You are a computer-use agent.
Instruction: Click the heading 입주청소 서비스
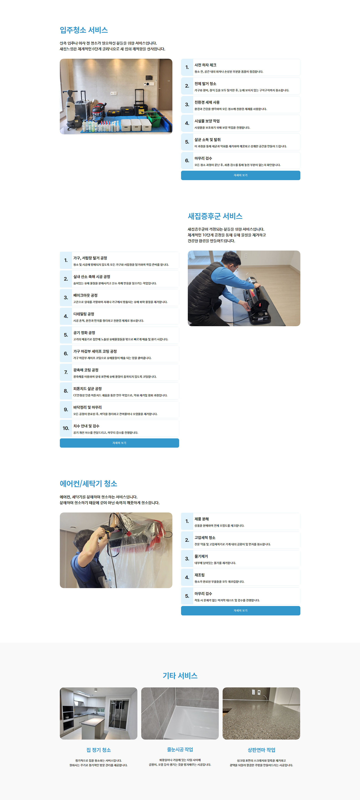click(84, 30)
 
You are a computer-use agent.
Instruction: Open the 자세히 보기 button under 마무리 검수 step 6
click(240, 175)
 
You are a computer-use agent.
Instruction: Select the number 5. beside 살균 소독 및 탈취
click(187, 142)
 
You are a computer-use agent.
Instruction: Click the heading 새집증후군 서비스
click(215, 216)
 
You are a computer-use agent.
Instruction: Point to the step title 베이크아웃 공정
click(85, 295)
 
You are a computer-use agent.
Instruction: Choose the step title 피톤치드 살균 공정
click(87, 389)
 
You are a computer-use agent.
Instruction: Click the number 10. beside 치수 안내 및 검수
click(66, 428)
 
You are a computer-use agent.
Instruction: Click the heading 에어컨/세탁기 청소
click(89, 484)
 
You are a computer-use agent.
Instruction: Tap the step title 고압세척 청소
click(205, 538)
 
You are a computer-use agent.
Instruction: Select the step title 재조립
click(199, 575)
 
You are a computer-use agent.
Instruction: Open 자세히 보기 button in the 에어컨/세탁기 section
click(240, 611)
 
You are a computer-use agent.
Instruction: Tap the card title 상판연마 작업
click(261, 750)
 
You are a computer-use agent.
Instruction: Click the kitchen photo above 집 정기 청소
click(99, 713)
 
